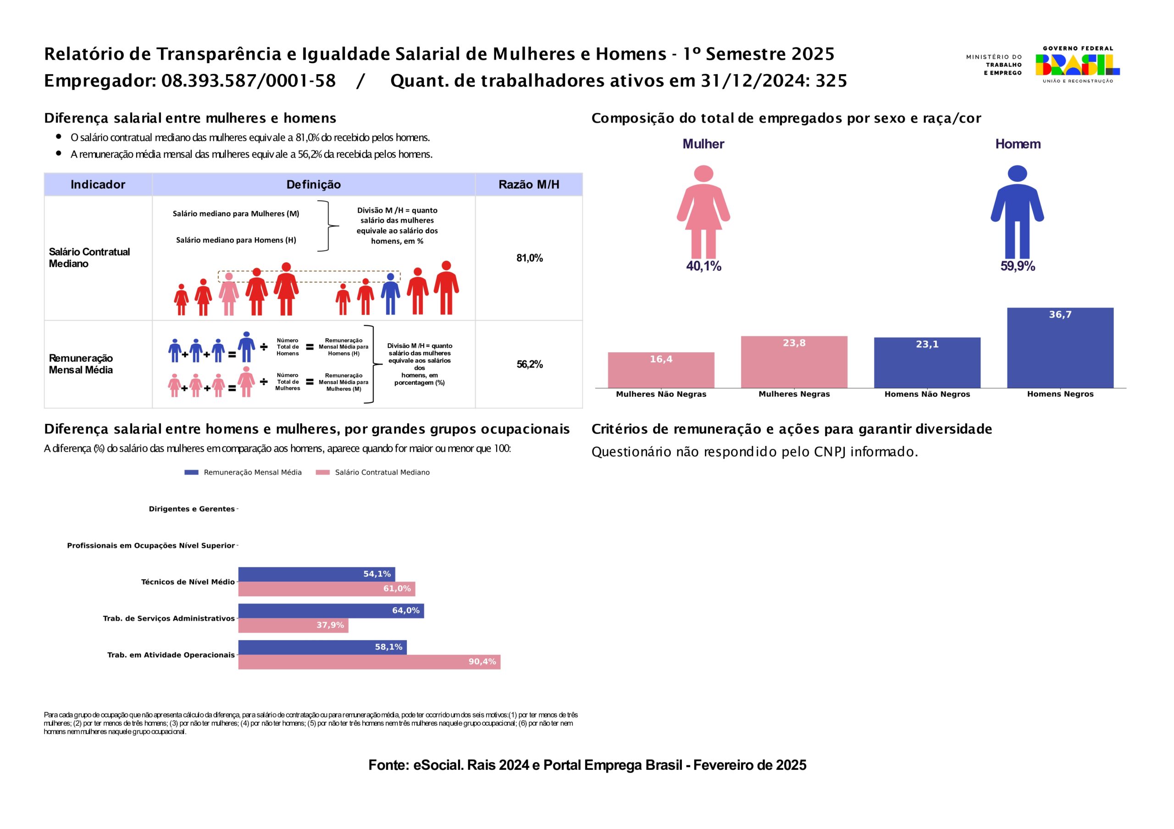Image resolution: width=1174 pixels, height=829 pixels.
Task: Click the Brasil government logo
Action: pos(1077,65)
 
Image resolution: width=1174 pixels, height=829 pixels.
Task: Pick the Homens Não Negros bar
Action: pos(927,362)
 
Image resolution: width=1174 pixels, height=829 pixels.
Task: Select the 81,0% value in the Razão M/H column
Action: pos(529,258)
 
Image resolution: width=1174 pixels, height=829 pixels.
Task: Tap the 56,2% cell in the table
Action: pos(529,364)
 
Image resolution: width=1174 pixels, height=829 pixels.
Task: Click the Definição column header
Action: pos(313,185)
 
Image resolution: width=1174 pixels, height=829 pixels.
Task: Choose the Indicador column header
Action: pos(98,185)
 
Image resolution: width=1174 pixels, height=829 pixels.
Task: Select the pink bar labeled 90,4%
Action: pos(369,662)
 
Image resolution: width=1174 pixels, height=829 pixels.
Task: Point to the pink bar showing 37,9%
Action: pos(293,625)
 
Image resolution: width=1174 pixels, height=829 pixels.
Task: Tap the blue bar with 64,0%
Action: pos(331,611)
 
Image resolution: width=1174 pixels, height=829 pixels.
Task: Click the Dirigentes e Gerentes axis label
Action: pos(191,509)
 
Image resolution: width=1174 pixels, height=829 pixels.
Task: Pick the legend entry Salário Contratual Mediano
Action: pos(382,472)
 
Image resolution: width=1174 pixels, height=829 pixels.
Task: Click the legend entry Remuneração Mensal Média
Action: pos(252,472)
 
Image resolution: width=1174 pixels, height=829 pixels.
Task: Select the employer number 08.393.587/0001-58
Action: pos(249,81)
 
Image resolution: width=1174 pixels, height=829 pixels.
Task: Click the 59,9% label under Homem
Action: pos(1018,266)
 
